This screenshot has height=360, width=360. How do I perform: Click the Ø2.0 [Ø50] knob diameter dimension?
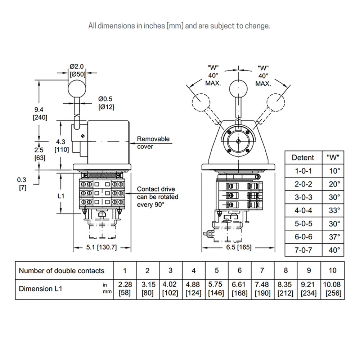(x=77, y=70)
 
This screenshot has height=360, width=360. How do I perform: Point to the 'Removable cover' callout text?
(x=153, y=143)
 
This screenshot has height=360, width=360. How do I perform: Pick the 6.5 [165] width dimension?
(x=238, y=247)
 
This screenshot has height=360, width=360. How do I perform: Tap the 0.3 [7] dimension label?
(x=22, y=184)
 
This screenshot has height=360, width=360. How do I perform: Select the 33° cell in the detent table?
(x=334, y=210)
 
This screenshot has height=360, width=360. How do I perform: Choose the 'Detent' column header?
(x=303, y=157)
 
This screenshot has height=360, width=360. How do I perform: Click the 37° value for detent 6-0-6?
(x=334, y=237)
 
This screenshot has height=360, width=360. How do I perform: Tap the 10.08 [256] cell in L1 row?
(x=332, y=289)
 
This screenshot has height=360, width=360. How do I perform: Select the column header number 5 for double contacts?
(x=217, y=271)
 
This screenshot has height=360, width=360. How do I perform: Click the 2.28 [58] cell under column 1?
(x=125, y=289)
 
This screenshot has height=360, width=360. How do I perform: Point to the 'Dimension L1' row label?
(x=41, y=289)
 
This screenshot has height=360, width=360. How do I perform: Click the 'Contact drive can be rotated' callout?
(x=157, y=197)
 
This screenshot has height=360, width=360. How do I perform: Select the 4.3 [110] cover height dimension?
(x=61, y=145)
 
